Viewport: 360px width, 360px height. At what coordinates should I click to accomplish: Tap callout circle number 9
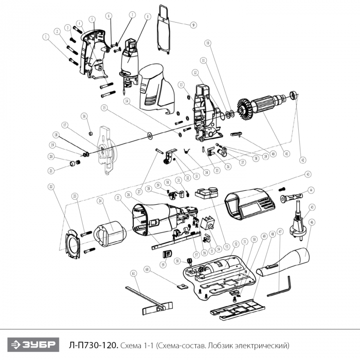[x=193, y=24]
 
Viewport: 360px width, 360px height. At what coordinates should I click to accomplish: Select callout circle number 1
[x=46, y=37]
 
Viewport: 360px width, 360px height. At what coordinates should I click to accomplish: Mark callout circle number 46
[x=312, y=222]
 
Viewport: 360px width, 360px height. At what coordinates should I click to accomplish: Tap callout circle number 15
[x=104, y=109]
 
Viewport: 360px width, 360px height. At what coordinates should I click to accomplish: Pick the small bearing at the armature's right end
[x=294, y=95]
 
